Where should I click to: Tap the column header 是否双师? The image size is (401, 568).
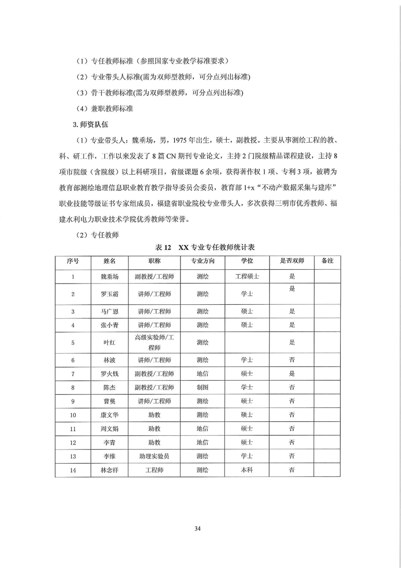coord(292,261)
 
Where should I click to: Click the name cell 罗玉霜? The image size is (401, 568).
coord(109,294)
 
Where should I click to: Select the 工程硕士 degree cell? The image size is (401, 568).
coord(247,276)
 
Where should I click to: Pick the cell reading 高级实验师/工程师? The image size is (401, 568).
coord(154,343)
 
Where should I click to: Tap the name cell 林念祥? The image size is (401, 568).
coord(109,470)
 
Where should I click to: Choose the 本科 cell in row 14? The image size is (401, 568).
coord(247,470)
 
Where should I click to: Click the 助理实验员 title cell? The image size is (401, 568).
coord(154,456)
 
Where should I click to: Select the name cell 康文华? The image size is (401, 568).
coord(109,415)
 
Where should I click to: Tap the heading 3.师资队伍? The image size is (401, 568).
coord(90,124)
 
